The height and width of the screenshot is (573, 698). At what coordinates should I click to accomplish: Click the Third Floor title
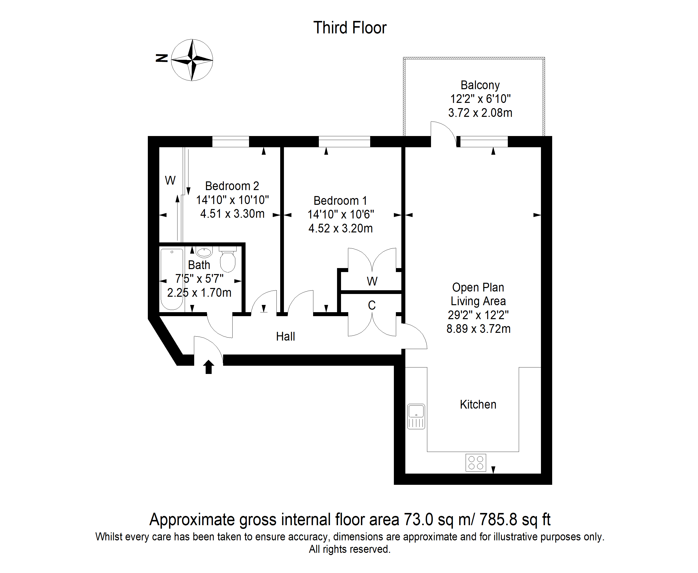[x=350, y=28]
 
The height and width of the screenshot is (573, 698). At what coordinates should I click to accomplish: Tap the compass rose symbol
[x=192, y=60]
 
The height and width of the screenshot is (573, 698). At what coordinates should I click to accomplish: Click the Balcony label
[x=480, y=85]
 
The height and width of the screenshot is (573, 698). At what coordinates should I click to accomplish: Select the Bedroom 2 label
[x=232, y=186]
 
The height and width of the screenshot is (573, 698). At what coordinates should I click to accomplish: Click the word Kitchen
[x=478, y=404]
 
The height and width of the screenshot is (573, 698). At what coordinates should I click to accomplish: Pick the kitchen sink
[x=416, y=417]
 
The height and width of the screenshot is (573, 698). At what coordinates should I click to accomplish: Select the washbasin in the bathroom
[x=204, y=252]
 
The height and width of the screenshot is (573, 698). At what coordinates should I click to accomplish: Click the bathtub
[x=172, y=279]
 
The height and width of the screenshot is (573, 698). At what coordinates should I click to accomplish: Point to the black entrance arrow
[x=208, y=367]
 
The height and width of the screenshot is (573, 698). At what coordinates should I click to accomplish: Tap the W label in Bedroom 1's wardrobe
[x=372, y=281]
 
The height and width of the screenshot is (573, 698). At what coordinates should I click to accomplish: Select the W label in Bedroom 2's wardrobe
[x=170, y=180]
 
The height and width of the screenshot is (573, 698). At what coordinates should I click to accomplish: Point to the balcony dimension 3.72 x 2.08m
[x=480, y=113]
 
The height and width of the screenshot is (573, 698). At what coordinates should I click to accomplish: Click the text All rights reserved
[x=350, y=549]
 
